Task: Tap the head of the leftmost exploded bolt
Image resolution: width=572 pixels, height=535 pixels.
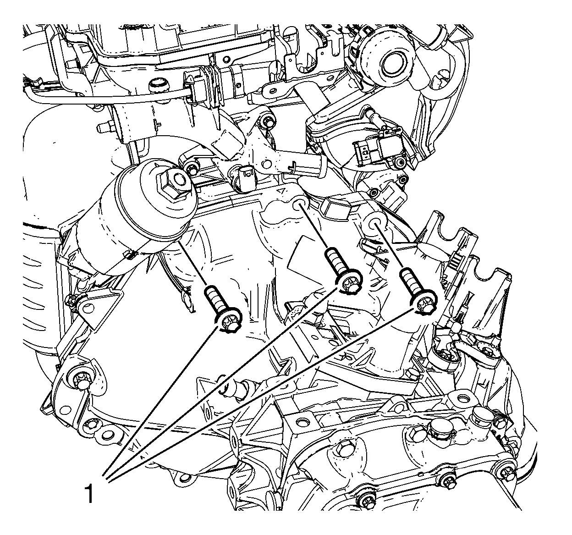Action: (229, 323)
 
